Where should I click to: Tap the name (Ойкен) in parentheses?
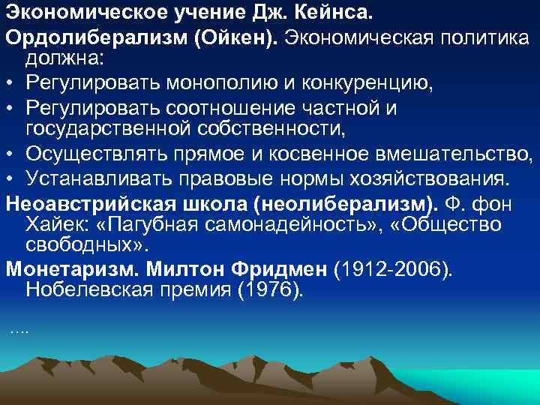pos(238,37)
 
